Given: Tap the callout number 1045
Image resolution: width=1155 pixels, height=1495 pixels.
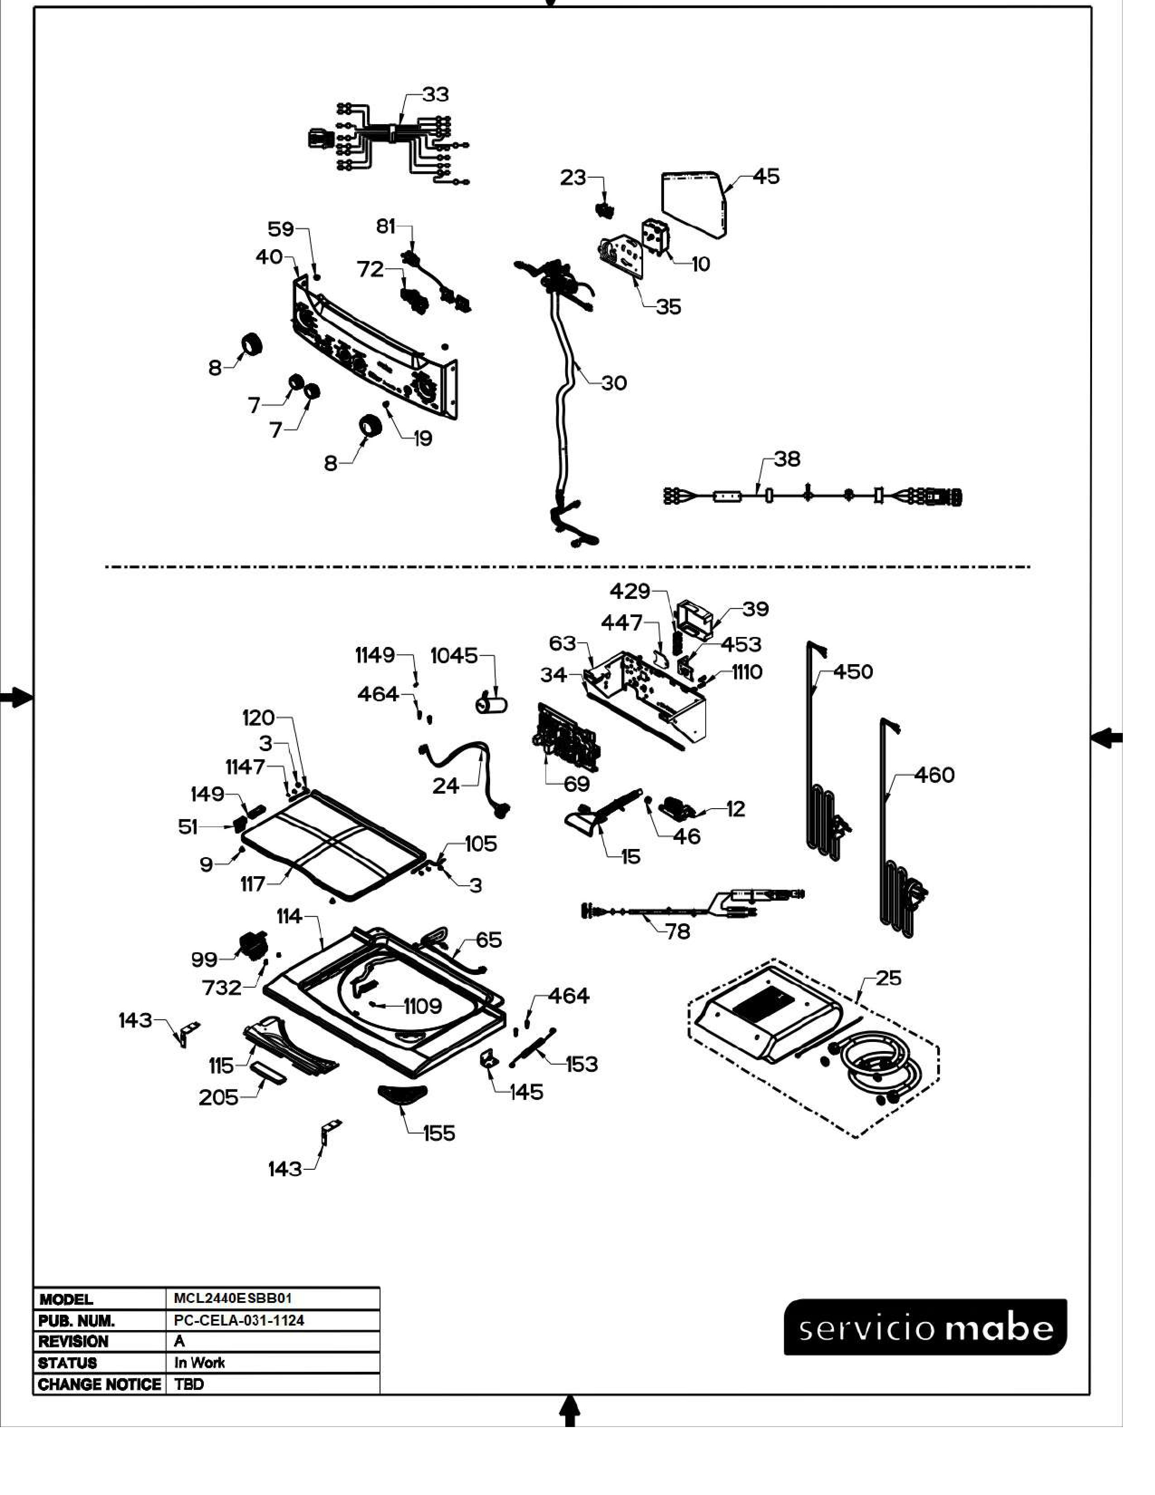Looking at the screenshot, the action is coord(454,656).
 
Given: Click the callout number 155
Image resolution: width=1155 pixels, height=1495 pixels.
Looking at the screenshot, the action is coord(438,1133).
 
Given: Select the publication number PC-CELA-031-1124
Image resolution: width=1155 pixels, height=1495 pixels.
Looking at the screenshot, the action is coord(239,1321).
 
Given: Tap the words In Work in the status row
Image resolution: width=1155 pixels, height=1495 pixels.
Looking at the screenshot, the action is coord(199,1363).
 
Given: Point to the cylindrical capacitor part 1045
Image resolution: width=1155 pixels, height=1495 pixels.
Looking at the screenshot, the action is coord(491,703).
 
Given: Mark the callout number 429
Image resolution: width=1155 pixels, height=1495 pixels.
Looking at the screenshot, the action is coord(630,590).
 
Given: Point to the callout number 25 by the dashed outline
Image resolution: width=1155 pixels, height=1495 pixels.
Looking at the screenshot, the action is coord(889,978).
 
